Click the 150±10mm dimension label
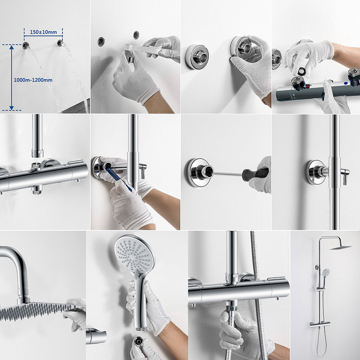pos(43,32)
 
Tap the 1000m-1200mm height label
pos(33,80)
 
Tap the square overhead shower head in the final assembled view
pos(340,247)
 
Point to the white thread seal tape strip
pos(141,50)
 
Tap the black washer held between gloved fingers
pos(302,71)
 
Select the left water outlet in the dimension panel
pos(25,45)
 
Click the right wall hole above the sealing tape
pos(136,35)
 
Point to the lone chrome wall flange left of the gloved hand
pos(197,56)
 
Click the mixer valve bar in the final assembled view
pos(320,324)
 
